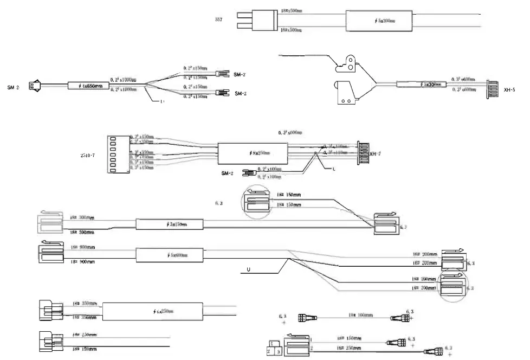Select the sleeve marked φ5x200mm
(x=380, y=21)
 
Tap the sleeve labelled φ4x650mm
(x=88, y=86)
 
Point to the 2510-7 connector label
(x=88, y=155)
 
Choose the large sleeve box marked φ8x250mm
(x=252, y=154)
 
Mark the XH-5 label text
(x=509, y=89)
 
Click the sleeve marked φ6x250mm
(x=151, y=311)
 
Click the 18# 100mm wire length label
(x=359, y=314)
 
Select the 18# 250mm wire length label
(x=349, y=348)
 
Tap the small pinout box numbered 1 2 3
(x=274, y=348)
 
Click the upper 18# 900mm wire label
(x=82, y=247)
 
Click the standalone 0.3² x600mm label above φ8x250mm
(x=290, y=132)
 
